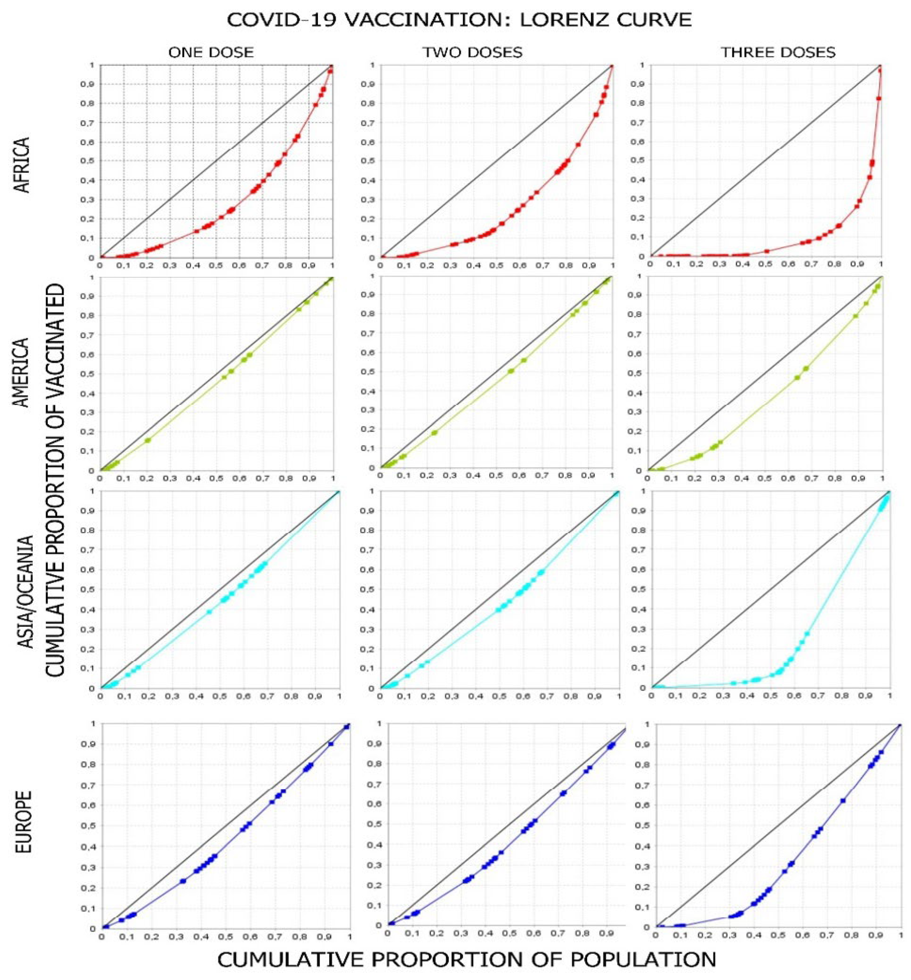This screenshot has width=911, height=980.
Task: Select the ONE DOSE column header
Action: [211, 52]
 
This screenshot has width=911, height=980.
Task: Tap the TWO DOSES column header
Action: [472, 52]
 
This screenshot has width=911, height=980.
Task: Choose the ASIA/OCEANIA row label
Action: [26, 591]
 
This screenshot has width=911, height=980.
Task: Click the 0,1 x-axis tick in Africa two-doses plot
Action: [403, 266]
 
